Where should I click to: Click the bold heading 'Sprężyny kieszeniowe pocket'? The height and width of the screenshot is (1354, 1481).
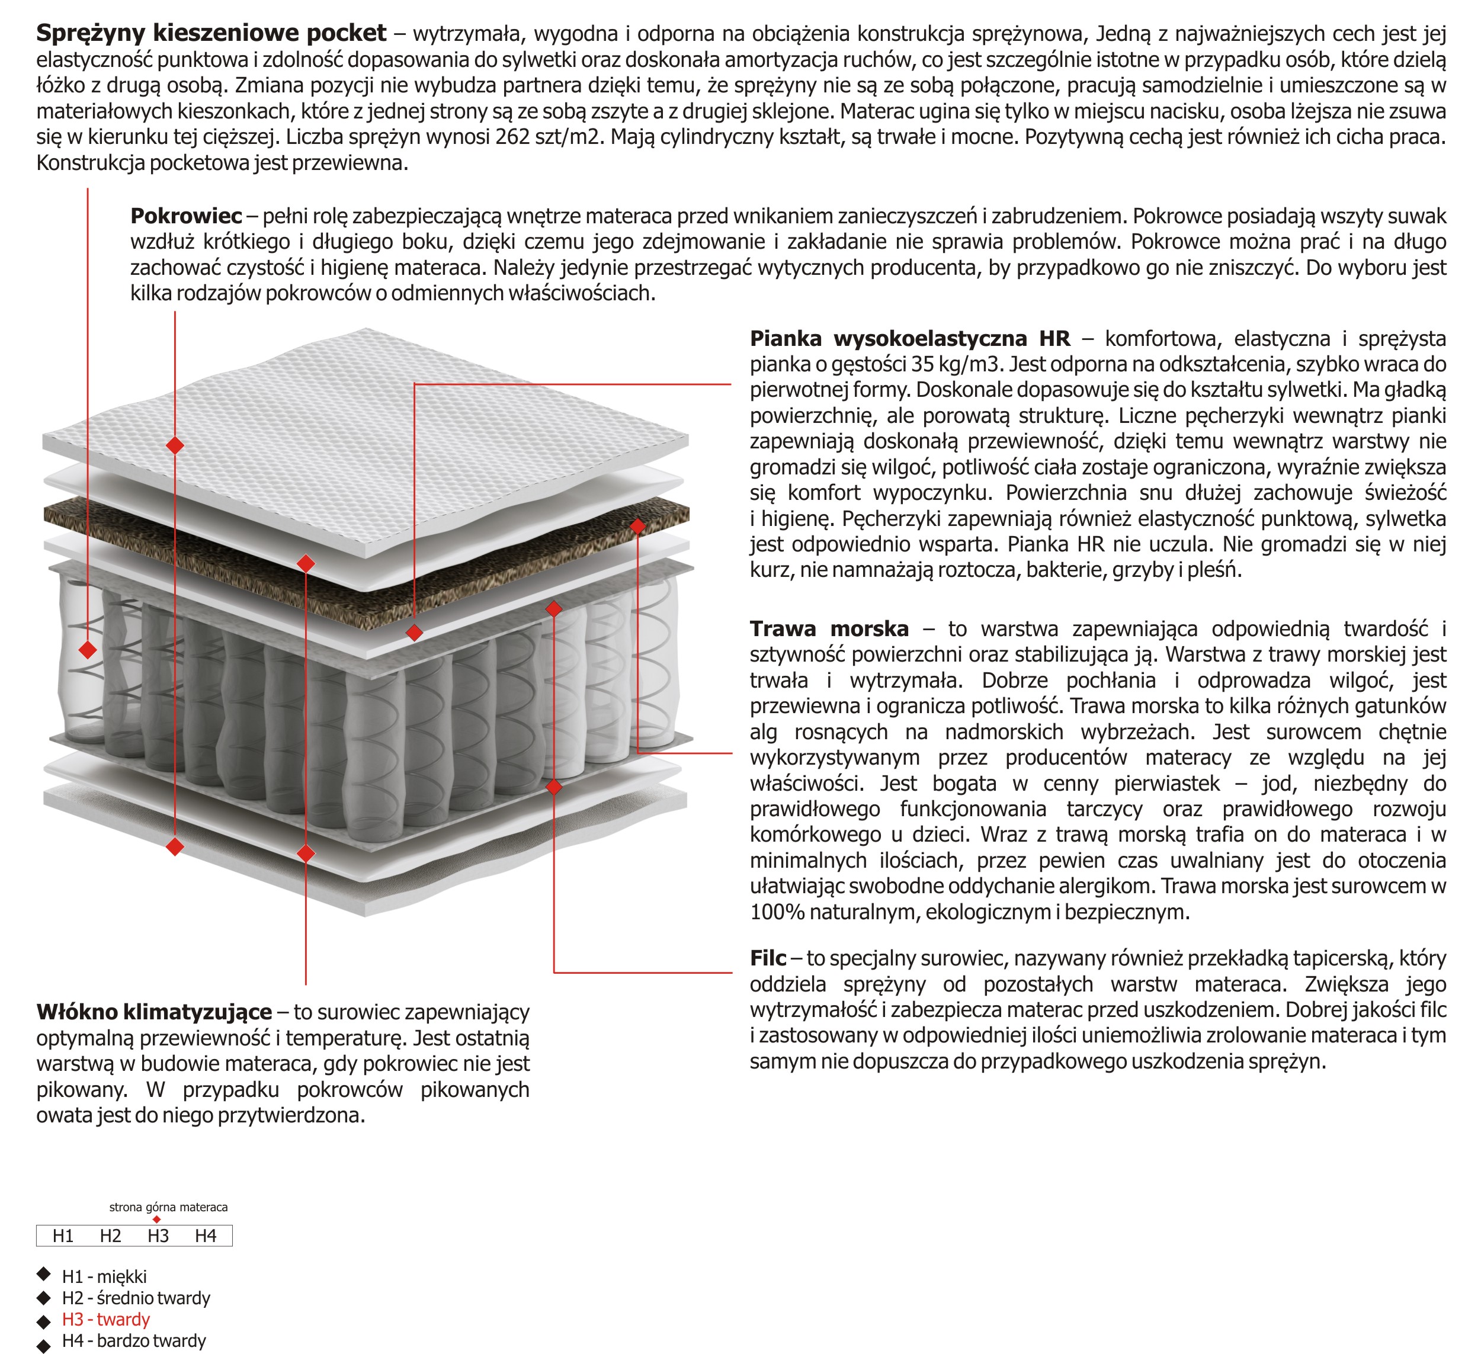click(211, 33)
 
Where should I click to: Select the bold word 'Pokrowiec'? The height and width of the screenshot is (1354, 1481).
click(186, 216)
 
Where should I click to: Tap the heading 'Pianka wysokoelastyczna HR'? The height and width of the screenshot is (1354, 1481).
click(909, 339)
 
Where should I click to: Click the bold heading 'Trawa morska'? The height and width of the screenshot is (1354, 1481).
click(829, 629)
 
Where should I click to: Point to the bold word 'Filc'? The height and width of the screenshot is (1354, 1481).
click(768, 958)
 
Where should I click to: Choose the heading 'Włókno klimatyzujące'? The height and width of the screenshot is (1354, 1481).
click(154, 1012)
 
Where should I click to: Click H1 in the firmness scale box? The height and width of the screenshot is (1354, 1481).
click(63, 1236)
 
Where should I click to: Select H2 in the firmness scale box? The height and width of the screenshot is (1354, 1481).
click(110, 1236)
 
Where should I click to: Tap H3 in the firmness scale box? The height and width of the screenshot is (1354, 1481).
click(158, 1236)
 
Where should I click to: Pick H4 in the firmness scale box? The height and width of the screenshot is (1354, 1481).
click(206, 1236)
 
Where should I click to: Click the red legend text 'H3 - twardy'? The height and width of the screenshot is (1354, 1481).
click(106, 1320)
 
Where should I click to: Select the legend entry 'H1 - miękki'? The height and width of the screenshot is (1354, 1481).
click(104, 1277)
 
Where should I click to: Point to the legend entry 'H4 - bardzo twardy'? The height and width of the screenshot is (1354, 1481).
click(134, 1341)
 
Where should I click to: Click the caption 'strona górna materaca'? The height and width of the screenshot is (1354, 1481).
click(168, 1207)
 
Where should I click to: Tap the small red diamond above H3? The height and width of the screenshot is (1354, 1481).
click(156, 1220)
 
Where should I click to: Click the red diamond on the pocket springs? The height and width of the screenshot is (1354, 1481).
click(88, 649)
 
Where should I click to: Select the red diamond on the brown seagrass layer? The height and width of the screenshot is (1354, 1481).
click(637, 526)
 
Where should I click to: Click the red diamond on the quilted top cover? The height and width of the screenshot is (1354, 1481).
click(175, 445)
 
